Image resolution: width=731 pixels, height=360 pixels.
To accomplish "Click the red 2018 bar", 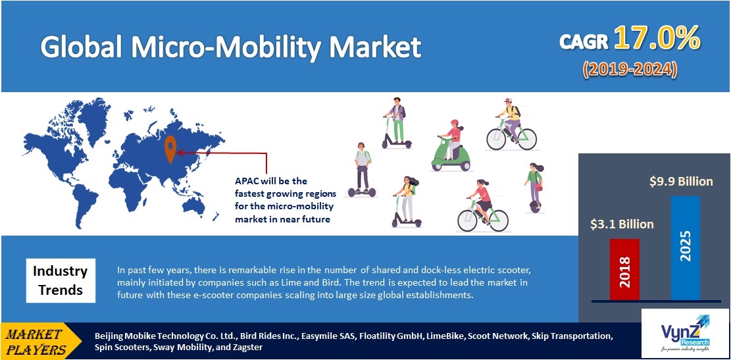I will [x=624, y=269].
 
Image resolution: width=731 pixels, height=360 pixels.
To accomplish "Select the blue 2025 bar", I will [x=686, y=247].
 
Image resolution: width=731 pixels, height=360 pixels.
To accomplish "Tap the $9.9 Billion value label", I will [x=678, y=181].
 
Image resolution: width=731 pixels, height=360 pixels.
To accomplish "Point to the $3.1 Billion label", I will [x=622, y=224].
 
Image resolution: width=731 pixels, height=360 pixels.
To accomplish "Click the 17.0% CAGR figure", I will [x=656, y=40].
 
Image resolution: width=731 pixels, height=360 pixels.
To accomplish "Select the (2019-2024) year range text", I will [x=629, y=68].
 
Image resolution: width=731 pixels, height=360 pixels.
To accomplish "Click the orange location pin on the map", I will [x=170, y=149].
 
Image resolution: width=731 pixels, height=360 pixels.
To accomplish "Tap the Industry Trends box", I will [x=60, y=280].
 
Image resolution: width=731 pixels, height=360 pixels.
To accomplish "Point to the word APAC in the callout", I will [x=247, y=181].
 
